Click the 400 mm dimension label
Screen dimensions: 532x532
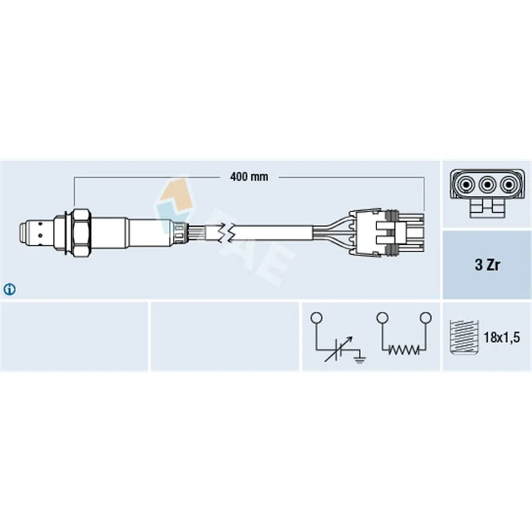pos(249,177)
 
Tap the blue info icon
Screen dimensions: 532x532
pos(9,289)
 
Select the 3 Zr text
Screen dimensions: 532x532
pos(487,265)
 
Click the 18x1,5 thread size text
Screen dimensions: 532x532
pos(501,338)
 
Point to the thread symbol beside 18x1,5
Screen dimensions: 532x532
pos(464,337)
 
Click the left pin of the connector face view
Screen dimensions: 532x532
pos(466,186)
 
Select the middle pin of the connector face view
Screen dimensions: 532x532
pos(487,186)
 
